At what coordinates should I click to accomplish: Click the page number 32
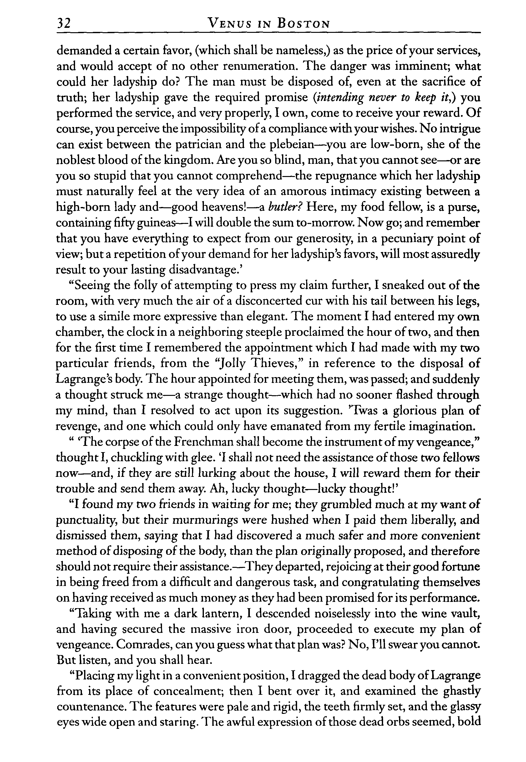(x=63, y=24)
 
